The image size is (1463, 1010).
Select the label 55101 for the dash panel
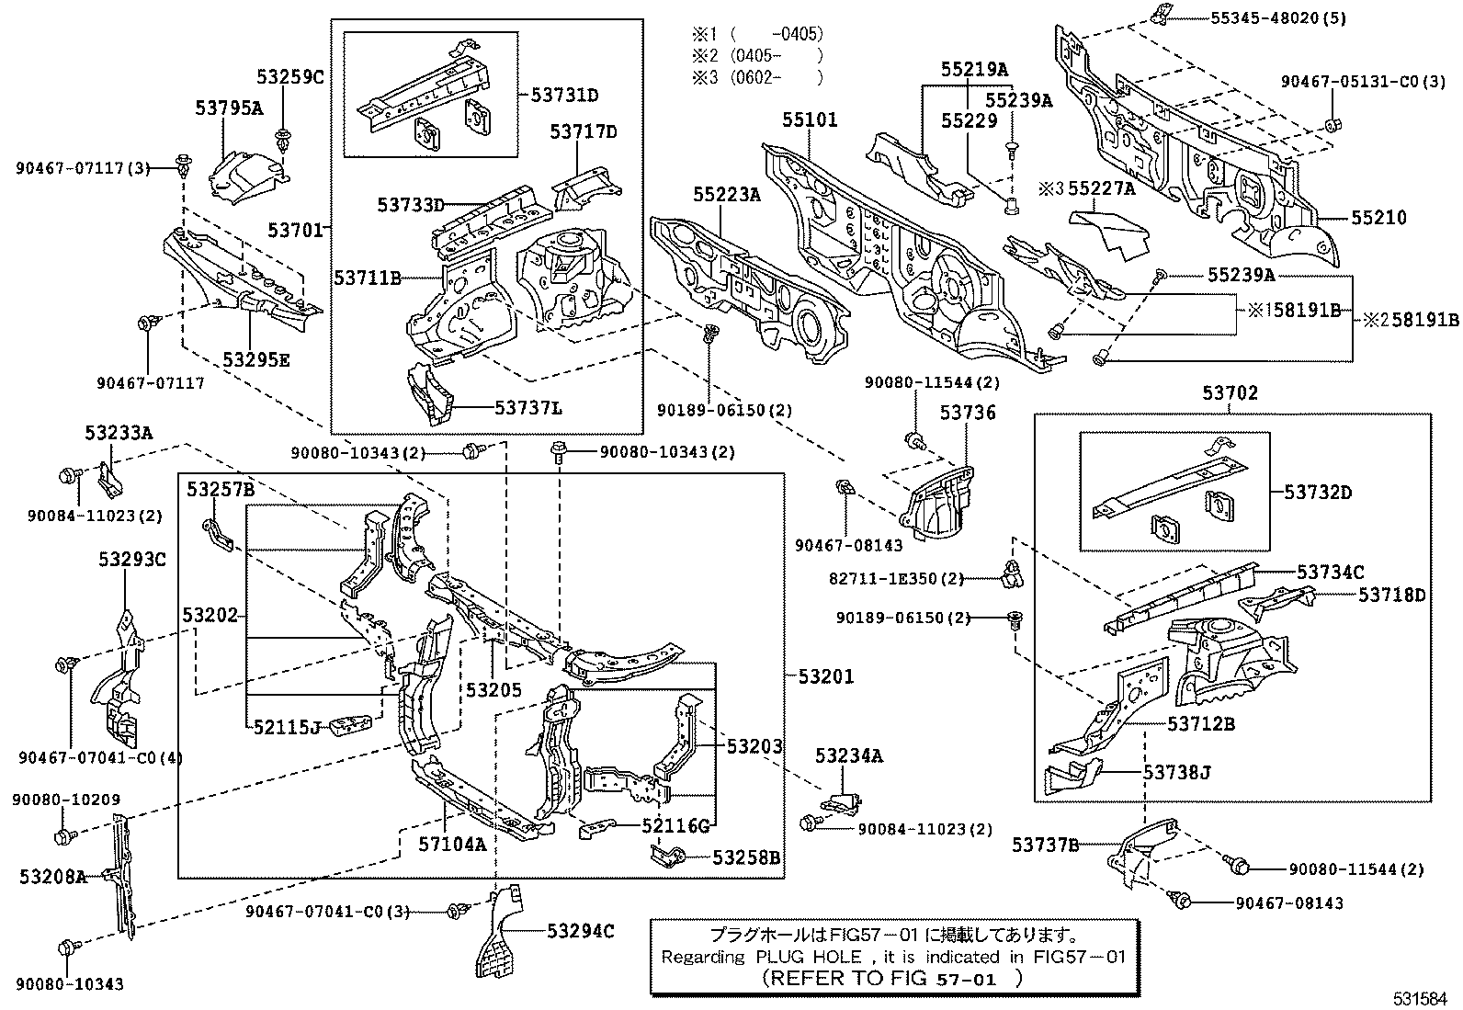click(x=810, y=119)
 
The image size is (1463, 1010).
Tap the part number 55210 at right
click(x=1378, y=218)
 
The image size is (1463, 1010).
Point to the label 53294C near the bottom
click(x=580, y=931)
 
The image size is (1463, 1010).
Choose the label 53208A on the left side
click(x=52, y=877)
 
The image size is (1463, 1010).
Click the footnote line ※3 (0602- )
click(x=757, y=78)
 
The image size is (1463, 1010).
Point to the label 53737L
click(x=528, y=407)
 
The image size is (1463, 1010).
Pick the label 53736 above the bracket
click(x=967, y=414)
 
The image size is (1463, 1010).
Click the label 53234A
click(x=848, y=755)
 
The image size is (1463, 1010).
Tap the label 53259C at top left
click(x=290, y=77)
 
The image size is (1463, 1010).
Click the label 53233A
click(x=119, y=431)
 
